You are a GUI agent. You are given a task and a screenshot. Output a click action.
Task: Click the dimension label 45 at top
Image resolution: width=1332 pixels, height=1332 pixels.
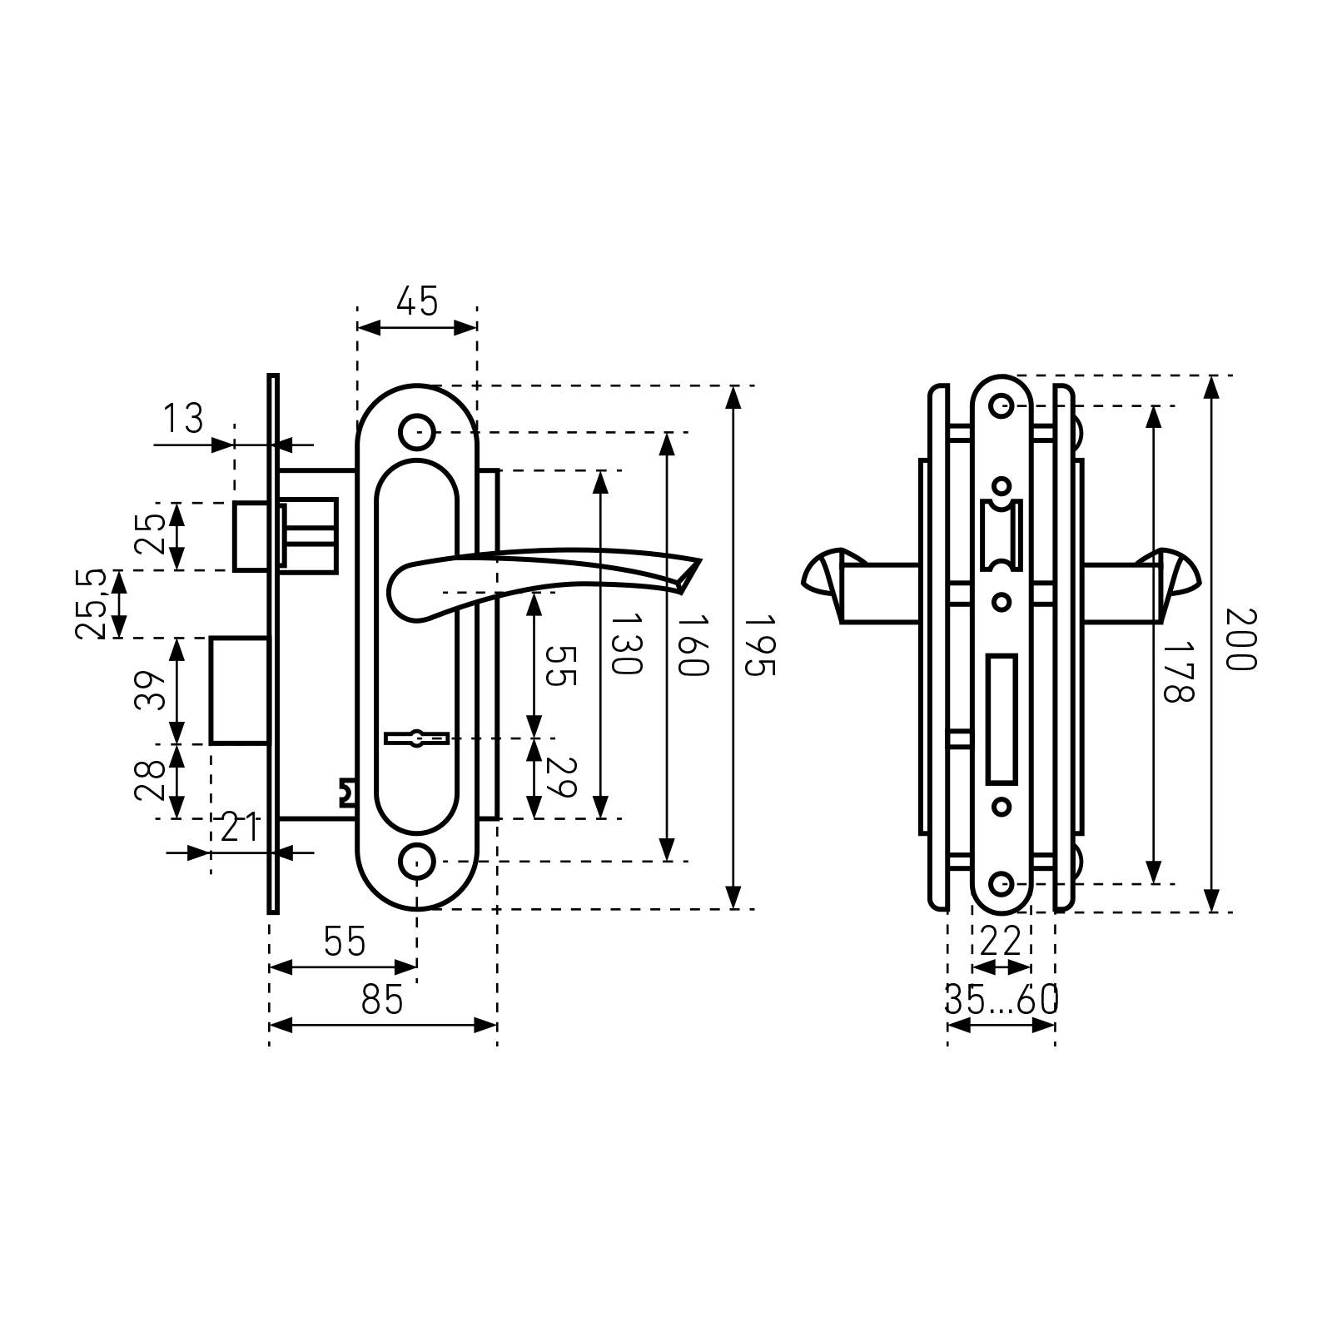click(417, 301)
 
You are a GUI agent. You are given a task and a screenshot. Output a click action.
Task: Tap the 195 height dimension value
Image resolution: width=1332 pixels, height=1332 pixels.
click(759, 646)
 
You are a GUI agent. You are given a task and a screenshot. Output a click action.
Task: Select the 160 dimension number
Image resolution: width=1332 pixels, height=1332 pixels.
click(692, 646)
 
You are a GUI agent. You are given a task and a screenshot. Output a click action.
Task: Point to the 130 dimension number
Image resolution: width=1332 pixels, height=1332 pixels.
click(626, 645)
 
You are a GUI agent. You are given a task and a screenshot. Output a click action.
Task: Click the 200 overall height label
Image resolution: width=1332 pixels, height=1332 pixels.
click(1239, 639)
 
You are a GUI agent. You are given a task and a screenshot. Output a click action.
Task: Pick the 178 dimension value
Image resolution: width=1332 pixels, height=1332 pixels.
click(1178, 671)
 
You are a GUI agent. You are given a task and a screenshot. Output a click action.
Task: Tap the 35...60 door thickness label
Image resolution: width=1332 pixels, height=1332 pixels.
click(1001, 999)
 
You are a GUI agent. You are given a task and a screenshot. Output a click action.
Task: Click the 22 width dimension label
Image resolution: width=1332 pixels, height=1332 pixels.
click(1001, 942)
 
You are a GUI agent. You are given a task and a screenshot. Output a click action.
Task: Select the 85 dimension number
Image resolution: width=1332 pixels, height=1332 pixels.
click(382, 999)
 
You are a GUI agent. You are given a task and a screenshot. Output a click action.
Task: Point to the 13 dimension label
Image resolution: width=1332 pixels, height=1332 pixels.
click(182, 419)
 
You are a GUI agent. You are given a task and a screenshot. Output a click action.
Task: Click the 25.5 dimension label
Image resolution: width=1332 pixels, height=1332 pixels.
click(91, 604)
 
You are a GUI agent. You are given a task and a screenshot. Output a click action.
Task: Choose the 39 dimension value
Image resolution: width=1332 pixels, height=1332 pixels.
click(150, 689)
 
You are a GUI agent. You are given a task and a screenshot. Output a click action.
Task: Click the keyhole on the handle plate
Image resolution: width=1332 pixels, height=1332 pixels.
click(417, 738)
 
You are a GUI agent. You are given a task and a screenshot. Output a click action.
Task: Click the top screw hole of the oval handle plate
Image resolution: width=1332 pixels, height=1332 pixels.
click(417, 432)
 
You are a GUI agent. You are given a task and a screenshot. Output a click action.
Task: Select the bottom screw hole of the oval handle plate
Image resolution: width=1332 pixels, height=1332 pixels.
click(417, 862)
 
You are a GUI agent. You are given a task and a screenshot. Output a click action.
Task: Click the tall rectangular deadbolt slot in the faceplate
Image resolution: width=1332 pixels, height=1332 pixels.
click(1001, 720)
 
